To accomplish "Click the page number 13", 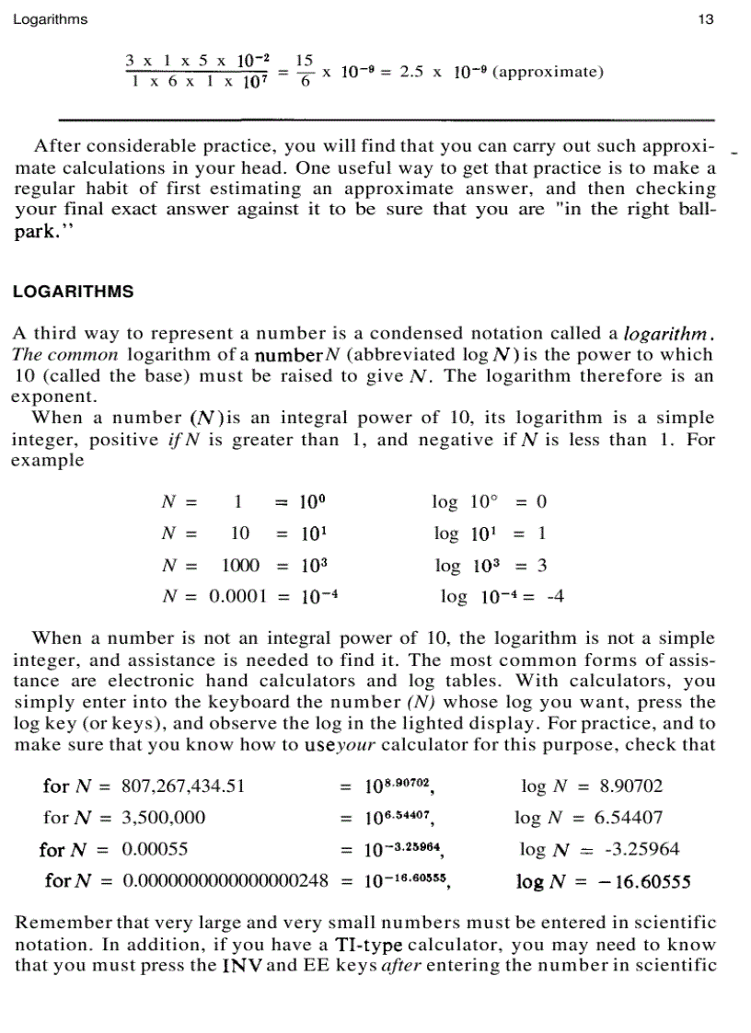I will click(x=706, y=20).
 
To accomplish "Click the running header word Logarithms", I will click(x=51, y=20).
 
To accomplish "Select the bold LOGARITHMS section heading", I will click(x=73, y=292).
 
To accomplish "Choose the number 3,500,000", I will click(x=164, y=818).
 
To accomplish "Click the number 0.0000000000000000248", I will click(x=225, y=881).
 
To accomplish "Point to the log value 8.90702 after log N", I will click(x=630, y=786).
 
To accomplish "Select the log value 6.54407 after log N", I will click(x=630, y=818).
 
